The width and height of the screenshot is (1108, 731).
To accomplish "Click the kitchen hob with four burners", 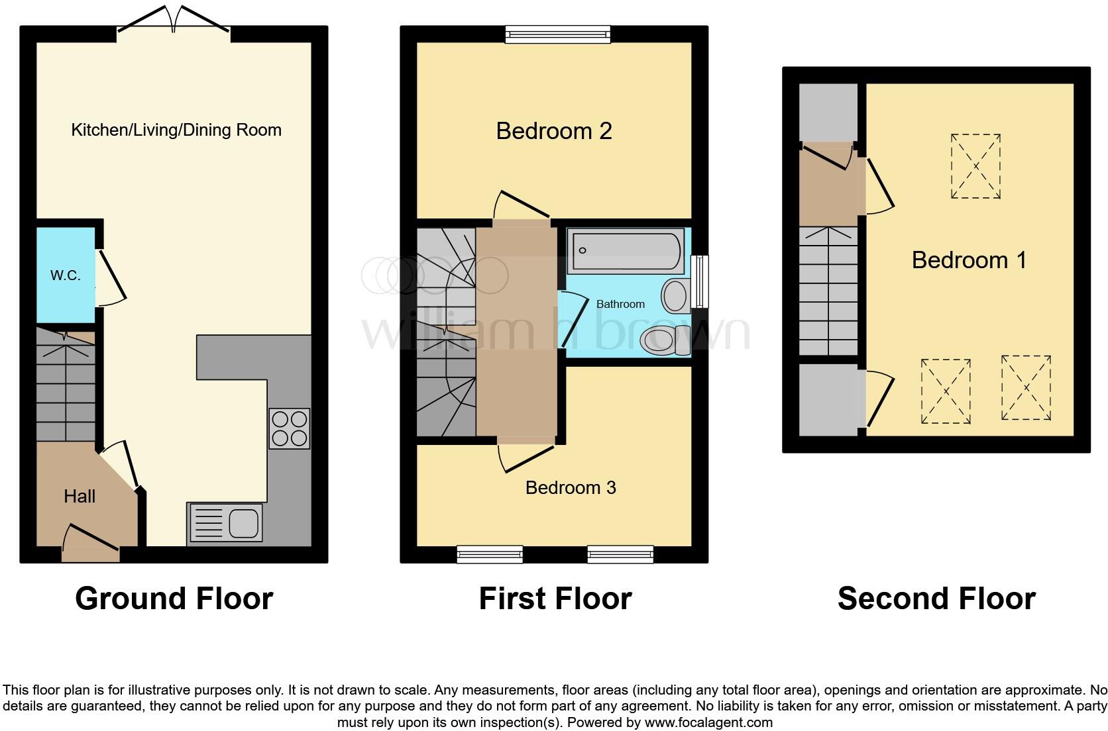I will pyautogui.click(x=290, y=428).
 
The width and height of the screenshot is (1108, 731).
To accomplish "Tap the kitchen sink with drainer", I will pyautogui.click(x=225, y=522).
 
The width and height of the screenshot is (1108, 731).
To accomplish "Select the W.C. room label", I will pyautogui.click(x=66, y=275).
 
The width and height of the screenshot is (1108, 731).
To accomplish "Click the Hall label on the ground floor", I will pyautogui.click(x=80, y=496).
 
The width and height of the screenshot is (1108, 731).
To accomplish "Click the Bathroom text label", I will pyautogui.click(x=620, y=304).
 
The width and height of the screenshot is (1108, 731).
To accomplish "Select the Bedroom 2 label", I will pyautogui.click(x=554, y=130).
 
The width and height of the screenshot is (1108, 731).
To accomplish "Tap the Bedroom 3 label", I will pyautogui.click(x=571, y=487).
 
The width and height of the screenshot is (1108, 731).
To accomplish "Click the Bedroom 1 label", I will pyautogui.click(x=969, y=260).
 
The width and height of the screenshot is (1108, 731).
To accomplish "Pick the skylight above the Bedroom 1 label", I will pyautogui.click(x=975, y=166).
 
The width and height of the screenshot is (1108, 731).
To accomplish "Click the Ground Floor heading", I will pyautogui.click(x=174, y=598).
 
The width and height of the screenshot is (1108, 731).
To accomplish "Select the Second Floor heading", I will pyautogui.click(x=936, y=598).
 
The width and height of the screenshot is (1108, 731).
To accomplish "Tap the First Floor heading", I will pyautogui.click(x=555, y=598).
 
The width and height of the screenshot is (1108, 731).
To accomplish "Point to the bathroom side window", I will pyautogui.click(x=699, y=281).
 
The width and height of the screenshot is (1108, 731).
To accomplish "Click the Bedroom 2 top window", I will pyautogui.click(x=557, y=34).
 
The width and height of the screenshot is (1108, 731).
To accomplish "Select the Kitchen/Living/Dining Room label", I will pyautogui.click(x=176, y=130).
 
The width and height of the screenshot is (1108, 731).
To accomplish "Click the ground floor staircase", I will pyautogui.click(x=65, y=387).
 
